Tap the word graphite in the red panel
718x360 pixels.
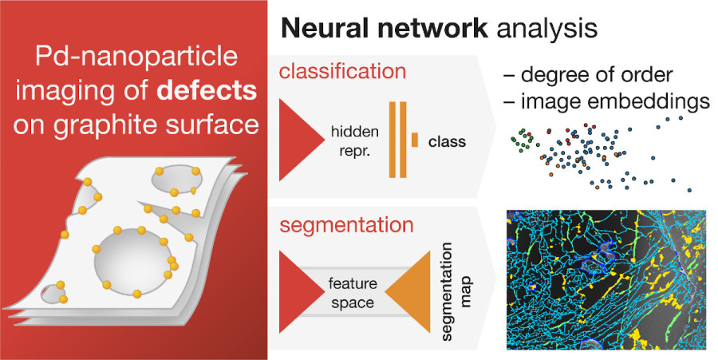click(x=122, y=125)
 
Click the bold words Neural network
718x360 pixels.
click(x=381, y=28)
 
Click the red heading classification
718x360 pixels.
click(x=342, y=71)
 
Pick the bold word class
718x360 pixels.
click(x=447, y=142)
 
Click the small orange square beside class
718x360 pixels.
click(x=415, y=140)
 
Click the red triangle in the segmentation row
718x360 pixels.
click(x=296, y=293)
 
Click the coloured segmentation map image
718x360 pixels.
click(x=606, y=280)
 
